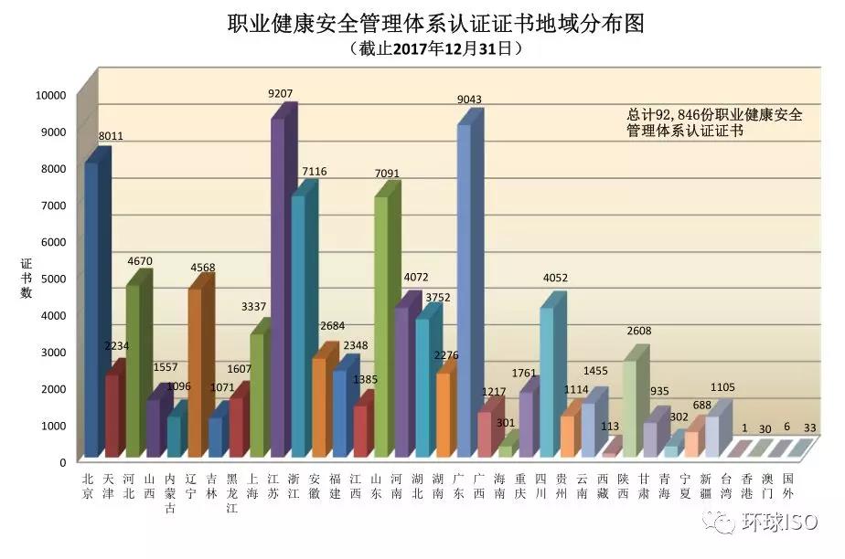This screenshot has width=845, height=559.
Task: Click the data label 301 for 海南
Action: (506, 422)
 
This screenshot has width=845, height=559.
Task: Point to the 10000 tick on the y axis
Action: (50, 94)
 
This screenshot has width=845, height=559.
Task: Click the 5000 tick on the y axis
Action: (55, 278)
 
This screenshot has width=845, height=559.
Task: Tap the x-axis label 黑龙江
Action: (232, 493)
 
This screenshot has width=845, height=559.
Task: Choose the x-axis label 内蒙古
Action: (170, 493)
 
